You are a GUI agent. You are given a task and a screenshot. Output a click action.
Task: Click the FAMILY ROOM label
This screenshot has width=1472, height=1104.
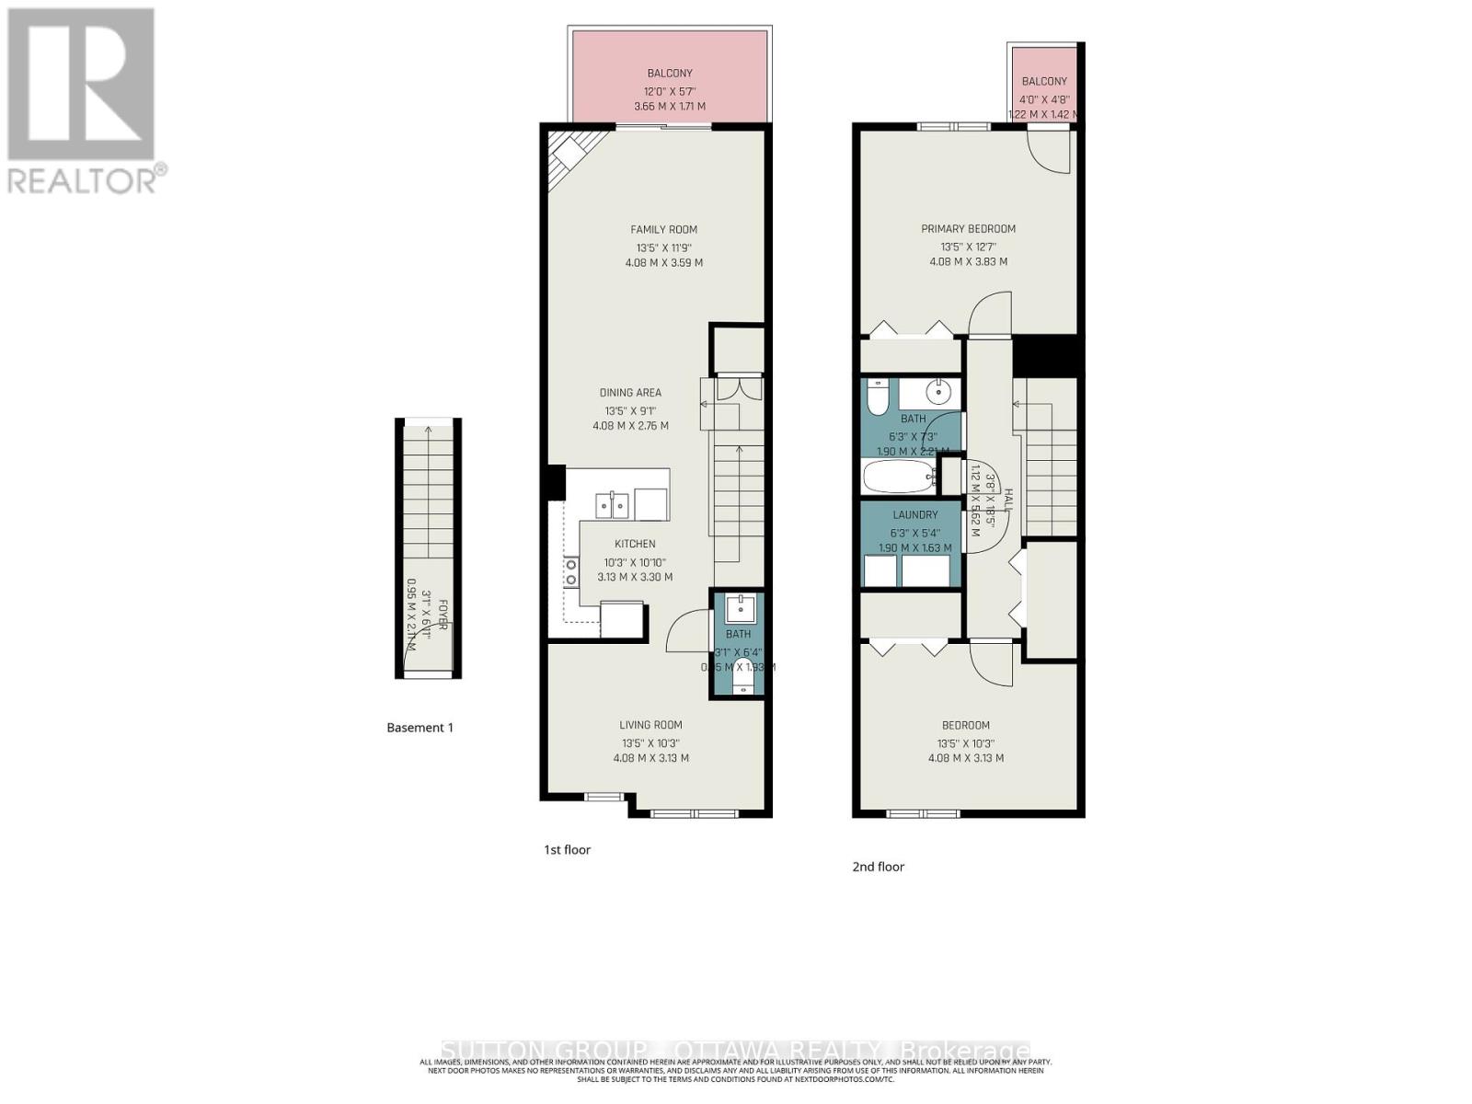(663, 229)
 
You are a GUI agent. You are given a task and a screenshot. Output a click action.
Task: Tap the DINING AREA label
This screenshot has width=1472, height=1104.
(630, 393)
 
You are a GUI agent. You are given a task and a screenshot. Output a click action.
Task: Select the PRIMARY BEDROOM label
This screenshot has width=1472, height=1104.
(968, 228)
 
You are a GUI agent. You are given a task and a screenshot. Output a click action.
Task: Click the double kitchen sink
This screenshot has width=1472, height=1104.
(612, 505)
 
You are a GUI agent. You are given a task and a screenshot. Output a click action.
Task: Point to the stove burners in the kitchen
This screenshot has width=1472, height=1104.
(571, 571)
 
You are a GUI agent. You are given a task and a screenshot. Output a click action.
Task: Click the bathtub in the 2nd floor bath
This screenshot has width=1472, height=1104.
(897, 478)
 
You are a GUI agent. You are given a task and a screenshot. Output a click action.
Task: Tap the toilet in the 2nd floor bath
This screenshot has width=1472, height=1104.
(877, 397)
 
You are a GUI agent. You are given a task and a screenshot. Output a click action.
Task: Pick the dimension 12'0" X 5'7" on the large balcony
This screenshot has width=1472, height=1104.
(669, 91)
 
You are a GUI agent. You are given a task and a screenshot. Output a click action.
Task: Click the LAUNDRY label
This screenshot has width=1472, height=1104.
(914, 515)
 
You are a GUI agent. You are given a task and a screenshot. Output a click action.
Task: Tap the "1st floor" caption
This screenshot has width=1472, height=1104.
(567, 849)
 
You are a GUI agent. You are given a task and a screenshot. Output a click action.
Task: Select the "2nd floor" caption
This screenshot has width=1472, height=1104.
(878, 867)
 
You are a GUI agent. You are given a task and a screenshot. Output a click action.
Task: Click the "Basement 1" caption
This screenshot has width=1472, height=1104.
(420, 727)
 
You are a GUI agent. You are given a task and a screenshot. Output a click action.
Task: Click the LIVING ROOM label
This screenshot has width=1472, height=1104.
(650, 725)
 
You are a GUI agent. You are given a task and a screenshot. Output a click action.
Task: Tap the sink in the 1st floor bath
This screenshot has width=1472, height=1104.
(740, 608)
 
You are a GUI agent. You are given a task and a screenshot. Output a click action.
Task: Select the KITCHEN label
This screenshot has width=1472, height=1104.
(635, 544)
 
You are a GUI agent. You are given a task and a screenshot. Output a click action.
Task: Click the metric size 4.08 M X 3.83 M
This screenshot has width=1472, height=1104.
(968, 261)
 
